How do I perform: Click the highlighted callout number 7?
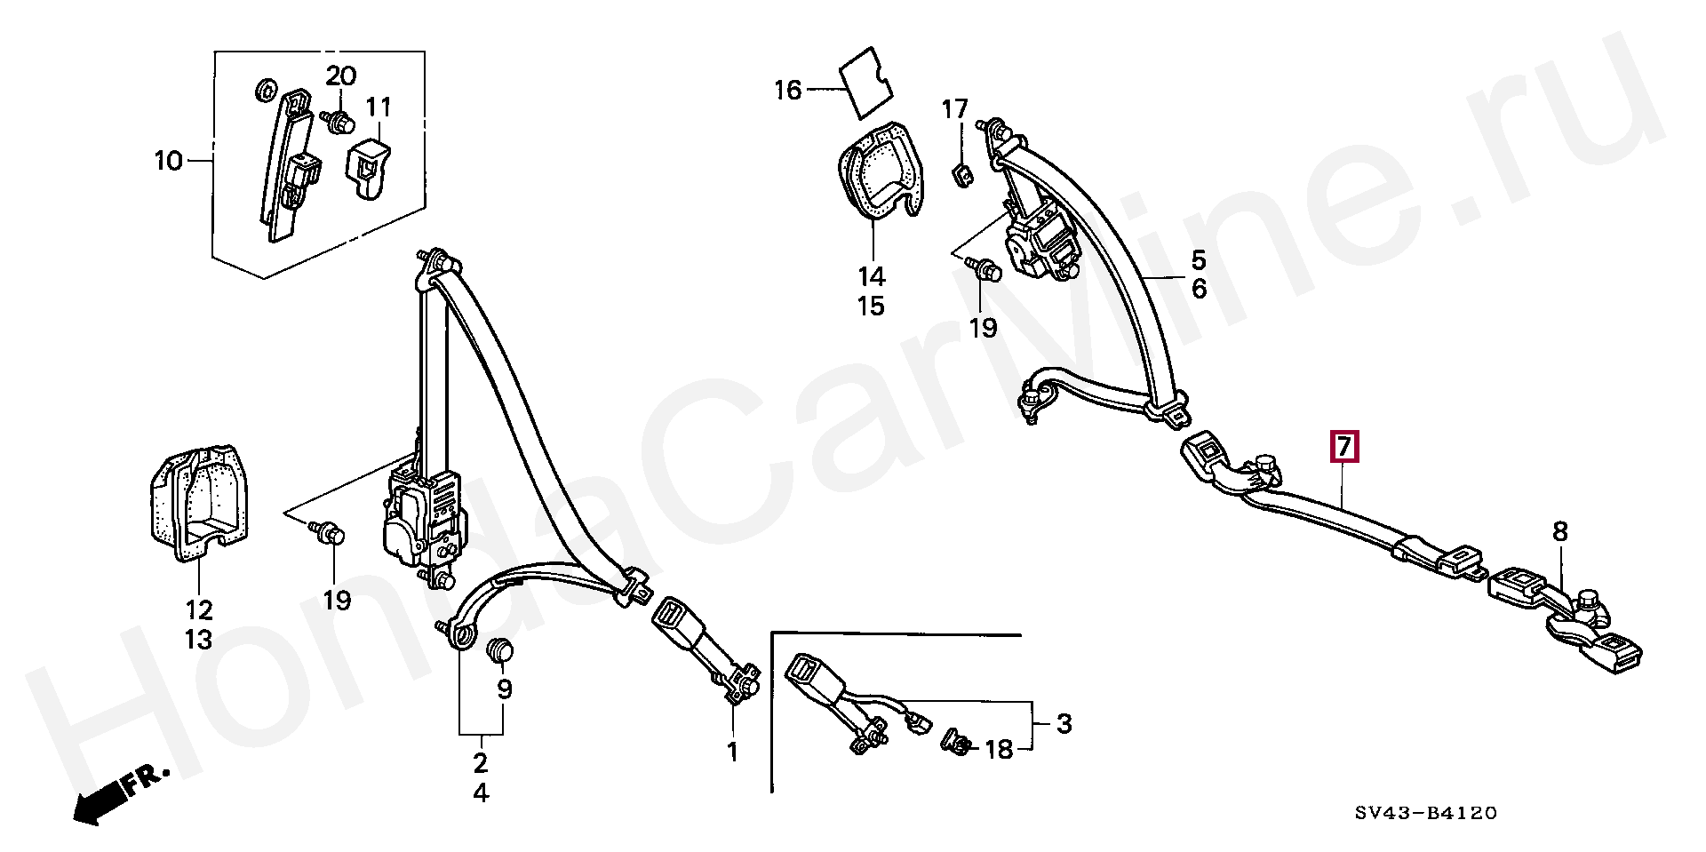point(1343,447)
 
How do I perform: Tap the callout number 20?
point(340,76)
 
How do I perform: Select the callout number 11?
point(379,107)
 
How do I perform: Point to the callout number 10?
point(167,162)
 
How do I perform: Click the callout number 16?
point(787,90)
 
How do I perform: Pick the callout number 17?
point(955,110)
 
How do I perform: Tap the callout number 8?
point(1560,532)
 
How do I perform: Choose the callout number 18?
point(1000,749)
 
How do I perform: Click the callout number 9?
point(505,689)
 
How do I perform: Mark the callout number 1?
point(732,752)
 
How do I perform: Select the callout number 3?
point(1064,724)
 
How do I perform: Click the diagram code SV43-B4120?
point(1426,813)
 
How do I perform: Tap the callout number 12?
point(199,609)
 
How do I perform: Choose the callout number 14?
point(872,275)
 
